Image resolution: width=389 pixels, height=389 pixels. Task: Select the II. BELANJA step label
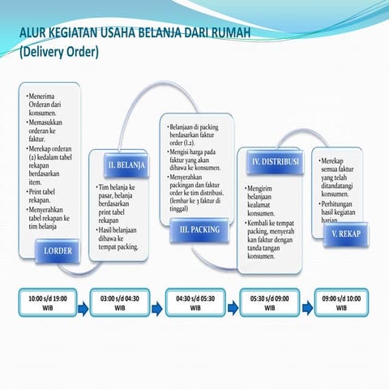point(126,165)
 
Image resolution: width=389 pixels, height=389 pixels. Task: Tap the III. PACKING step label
point(199,230)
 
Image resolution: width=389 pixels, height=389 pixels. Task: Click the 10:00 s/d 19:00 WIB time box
point(48,303)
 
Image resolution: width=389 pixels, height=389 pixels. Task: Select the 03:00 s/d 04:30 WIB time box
point(120,303)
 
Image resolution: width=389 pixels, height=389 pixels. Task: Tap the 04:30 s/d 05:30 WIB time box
point(195,303)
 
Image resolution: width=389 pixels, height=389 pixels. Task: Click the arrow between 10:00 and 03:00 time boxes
point(84,308)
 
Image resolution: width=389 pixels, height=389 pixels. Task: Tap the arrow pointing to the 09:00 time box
point(307,308)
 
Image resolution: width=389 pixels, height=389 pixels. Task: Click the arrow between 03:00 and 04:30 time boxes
point(156,308)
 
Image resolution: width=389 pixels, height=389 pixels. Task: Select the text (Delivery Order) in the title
point(58,52)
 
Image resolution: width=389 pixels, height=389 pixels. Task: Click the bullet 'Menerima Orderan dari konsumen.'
point(45,105)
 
